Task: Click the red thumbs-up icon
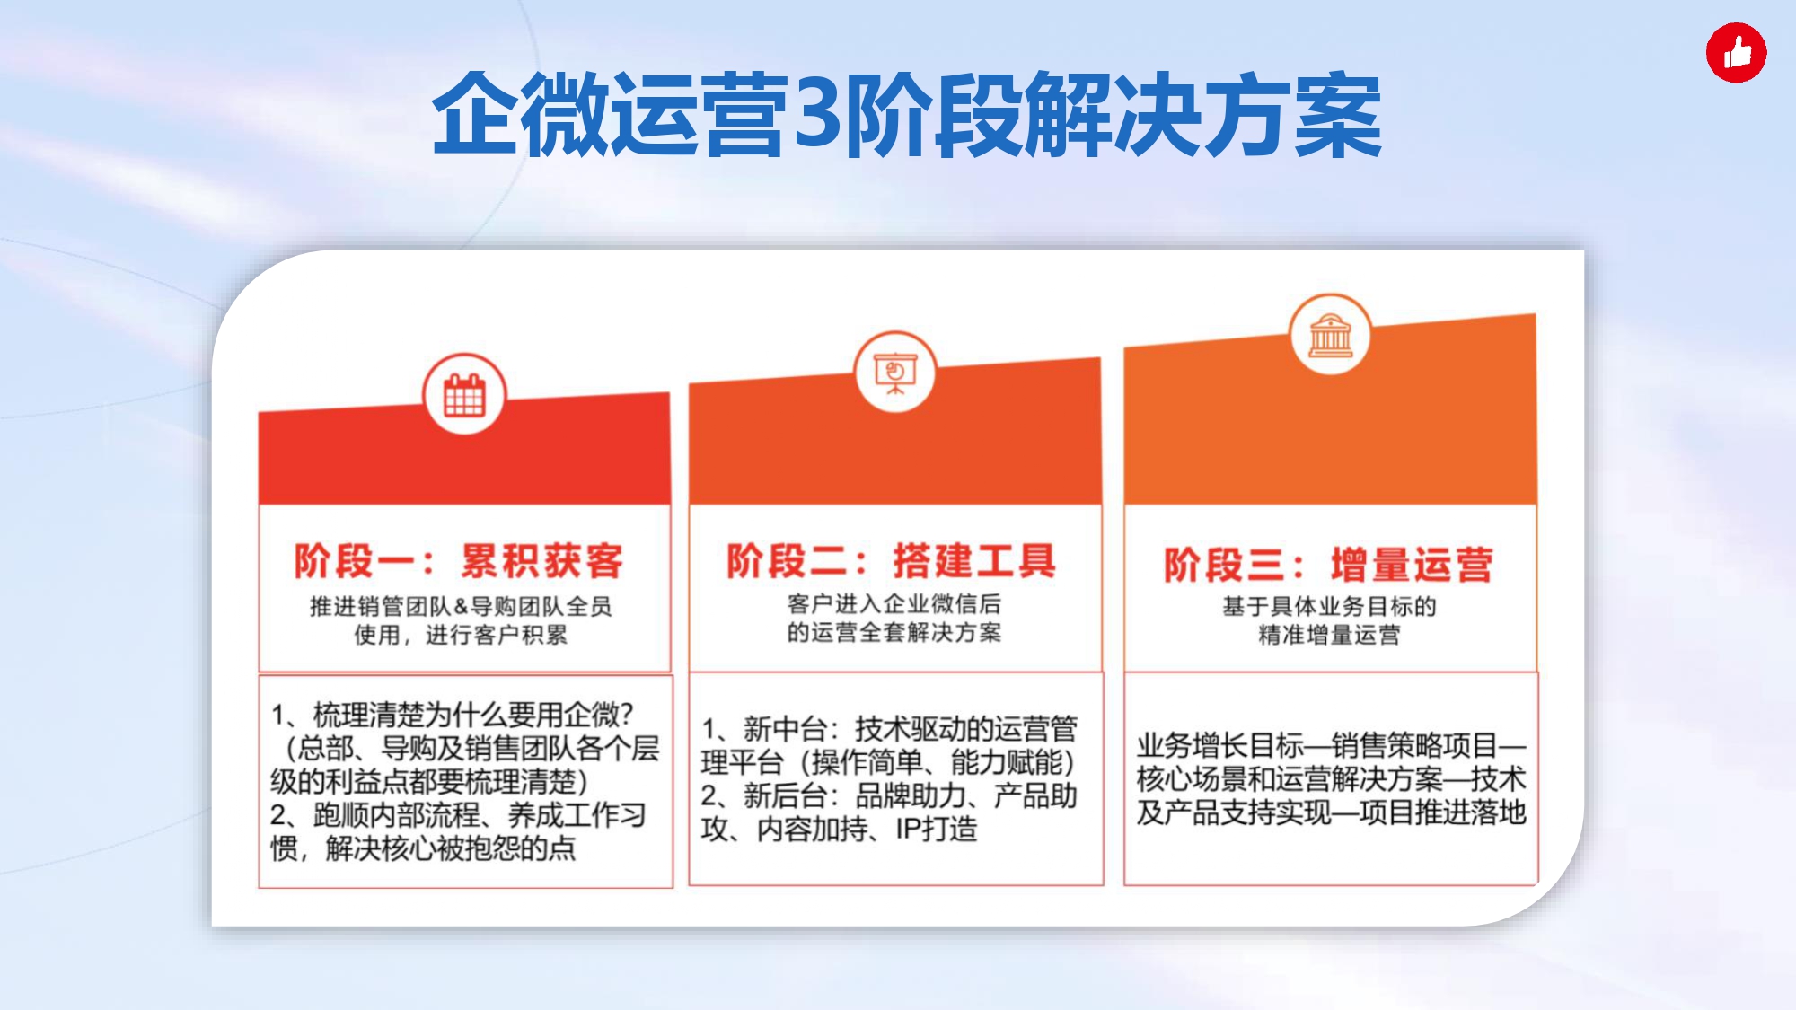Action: tap(1736, 53)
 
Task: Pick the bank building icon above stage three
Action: tap(1330, 336)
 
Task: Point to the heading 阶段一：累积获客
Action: tap(458, 561)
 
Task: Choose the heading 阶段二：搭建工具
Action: tap(891, 560)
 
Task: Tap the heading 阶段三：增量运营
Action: tap(1328, 565)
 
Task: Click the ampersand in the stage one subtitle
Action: tap(461, 606)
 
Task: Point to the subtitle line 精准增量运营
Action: tap(1329, 635)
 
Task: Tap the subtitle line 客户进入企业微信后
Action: tap(894, 603)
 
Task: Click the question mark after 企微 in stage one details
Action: tap(627, 715)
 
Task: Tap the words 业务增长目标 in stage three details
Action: tap(1220, 745)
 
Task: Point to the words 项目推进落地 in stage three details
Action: tap(1443, 812)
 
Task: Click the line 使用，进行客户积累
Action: tap(461, 635)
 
